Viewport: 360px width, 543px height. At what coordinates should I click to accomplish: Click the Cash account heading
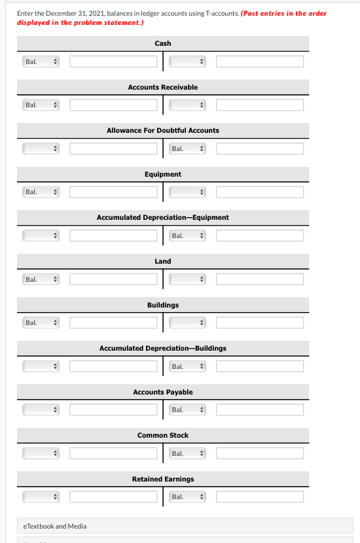(x=163, y=43)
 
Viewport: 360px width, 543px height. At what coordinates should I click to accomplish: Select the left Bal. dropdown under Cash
(x=41, y=61)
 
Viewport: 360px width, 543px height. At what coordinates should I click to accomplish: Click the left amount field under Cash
(x=114, y=61)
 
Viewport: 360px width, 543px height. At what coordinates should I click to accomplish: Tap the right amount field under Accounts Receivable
(x=260, y=105)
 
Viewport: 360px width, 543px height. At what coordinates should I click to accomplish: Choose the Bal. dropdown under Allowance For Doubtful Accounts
(x=188, y=149)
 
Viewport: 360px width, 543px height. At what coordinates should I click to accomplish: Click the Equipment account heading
(x=163, y=174)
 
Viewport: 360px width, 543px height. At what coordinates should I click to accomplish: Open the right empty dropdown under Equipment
(x=188, y=192)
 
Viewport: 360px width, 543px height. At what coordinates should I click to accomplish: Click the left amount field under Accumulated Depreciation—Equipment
(x=114, y=236)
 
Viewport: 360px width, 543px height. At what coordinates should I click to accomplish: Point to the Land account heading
(x=163, y=261)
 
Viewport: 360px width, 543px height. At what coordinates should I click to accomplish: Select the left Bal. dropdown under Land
(x=41, y=279)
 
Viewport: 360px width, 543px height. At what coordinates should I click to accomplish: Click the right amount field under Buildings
(x=260, y=323)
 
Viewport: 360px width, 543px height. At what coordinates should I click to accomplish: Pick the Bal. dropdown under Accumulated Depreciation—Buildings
(x=188, y=366)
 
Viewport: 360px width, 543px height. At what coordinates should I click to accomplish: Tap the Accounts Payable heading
(x=163, y=392)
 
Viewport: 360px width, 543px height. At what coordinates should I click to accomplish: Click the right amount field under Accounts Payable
(x=260, y=410)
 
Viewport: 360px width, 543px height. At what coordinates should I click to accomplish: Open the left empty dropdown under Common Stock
(x=41, y=453)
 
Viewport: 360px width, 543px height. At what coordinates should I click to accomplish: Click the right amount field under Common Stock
(x=260, y=453)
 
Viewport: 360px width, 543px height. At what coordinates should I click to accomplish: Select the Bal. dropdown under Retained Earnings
(x=188, y=497)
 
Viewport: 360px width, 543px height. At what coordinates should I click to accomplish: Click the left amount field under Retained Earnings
(x=114, y=497)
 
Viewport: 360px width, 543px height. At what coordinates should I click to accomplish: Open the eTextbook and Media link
(x=54, y=526)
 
